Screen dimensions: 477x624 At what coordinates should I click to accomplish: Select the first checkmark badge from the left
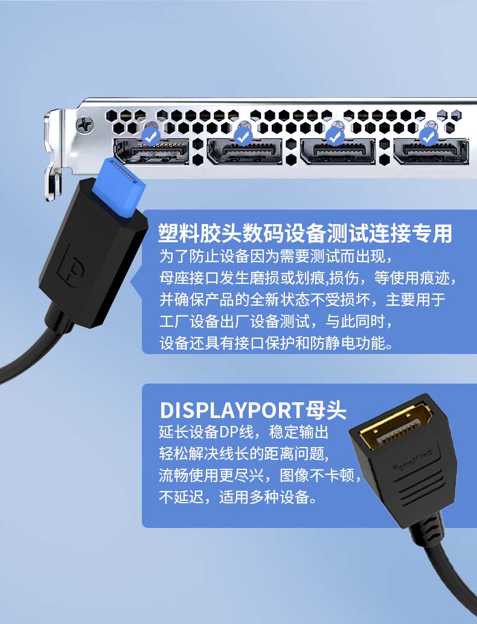pos(151,138)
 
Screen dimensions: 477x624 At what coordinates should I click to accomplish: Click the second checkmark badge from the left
pos(243,138)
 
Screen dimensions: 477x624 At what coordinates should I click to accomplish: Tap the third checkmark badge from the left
pos(335,138)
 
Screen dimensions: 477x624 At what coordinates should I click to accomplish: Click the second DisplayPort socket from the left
pos(245,152)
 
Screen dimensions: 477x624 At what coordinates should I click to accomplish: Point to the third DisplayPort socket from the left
pos(338,152)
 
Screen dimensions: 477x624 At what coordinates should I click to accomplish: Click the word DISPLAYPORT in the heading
pos(232,410)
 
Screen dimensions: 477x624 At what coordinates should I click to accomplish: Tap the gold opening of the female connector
pos(395,428)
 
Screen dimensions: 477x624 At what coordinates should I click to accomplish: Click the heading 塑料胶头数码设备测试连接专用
pos(305,233)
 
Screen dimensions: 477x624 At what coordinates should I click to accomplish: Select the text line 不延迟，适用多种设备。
pos(237,497)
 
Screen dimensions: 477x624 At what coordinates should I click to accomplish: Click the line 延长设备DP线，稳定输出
pos(243,432)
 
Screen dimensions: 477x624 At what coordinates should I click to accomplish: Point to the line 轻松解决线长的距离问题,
pos(244,453)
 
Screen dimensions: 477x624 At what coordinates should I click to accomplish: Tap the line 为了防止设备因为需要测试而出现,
pos(276,256)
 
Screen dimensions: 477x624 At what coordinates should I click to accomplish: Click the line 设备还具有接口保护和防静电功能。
pos(276,343)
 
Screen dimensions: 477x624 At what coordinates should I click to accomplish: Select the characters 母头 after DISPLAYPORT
pos(326,410)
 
